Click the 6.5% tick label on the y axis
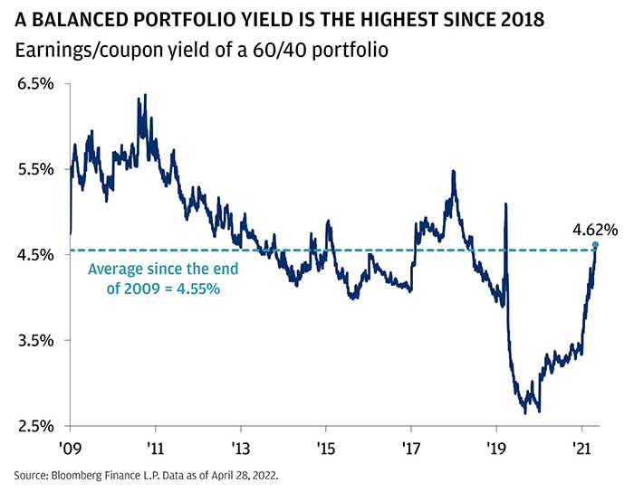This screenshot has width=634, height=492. pos(34,83)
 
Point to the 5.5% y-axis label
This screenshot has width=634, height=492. pos(34,169)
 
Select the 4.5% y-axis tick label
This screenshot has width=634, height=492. pos(34,255)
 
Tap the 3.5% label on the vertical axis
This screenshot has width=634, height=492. pos(34,341)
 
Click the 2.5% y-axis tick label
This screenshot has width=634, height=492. pos(34,426)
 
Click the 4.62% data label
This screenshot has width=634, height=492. pos(594,230)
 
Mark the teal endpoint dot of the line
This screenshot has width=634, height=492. pos(595,245)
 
